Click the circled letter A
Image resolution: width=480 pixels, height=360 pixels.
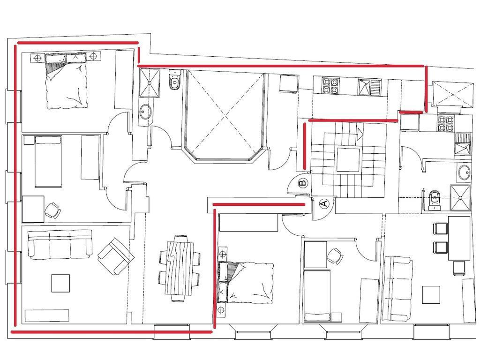(x=324, y=203)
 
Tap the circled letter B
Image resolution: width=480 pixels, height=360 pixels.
(x=302, y=183)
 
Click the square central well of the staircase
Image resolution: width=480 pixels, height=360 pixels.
(x=348, y=159)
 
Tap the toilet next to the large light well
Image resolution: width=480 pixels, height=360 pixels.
(x=174, y=80)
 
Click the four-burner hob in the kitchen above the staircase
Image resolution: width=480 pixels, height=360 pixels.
(x=330, y=85)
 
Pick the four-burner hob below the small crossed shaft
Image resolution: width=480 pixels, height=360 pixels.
(x=445, y=123)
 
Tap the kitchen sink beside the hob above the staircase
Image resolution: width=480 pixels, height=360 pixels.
(x=369, y=87)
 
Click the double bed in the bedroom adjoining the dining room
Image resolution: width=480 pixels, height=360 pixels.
(x=245, y=282)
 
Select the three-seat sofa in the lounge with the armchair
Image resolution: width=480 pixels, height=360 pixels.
(x=60, y=244)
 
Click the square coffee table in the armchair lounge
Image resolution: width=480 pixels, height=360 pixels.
(x=60, y=283)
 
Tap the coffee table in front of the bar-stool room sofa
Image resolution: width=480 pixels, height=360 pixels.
(x=431, y=294)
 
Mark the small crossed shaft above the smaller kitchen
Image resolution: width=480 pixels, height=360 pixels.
(x=452, y=94)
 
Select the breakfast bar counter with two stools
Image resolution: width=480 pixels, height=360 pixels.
(x=459, y=238)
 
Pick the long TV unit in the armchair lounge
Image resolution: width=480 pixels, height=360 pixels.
(x=47, y=315)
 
